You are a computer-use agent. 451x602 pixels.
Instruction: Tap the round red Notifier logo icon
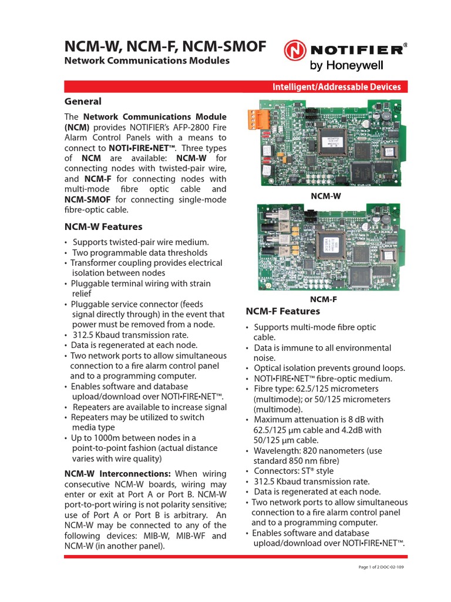[x=295, y=51]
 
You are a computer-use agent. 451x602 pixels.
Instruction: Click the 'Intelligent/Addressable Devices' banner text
[x=336, y=87]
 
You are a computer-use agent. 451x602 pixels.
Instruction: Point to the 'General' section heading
[x=82, y=101]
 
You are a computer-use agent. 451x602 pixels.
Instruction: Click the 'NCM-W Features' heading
[x=103, y=226]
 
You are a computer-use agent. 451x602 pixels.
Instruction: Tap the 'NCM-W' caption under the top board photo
[x=326, y=196]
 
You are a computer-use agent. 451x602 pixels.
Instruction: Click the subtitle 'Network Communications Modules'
[x=147, y=61]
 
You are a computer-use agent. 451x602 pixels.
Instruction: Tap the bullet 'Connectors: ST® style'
[x=293, y=471]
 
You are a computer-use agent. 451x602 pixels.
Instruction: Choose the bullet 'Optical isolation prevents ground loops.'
[x=329, y=368]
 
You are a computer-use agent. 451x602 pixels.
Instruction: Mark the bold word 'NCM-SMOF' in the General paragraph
[x=87, y=199]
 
